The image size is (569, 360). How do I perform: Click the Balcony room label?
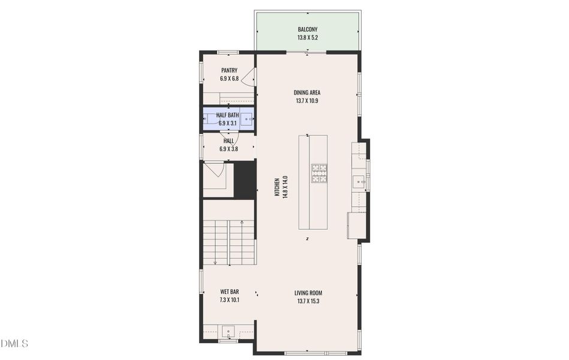tap(308, 29)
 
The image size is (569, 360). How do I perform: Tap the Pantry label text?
tap(230, 70)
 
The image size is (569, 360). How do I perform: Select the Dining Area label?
tap(307, 92)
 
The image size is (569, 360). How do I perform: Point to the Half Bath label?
tap(227, 115)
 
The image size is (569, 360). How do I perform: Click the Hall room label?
tap(228, 140)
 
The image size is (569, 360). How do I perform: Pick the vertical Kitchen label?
tap(277, 187)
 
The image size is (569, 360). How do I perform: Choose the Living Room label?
tap(308, 293)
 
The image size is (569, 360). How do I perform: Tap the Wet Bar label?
tap(230, 292)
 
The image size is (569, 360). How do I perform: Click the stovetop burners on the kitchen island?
tap(318, 173)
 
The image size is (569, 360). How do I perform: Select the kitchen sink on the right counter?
tap(360, 181)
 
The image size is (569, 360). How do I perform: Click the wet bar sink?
tap(228, 332)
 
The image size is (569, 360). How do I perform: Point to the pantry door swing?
tap(248, 77)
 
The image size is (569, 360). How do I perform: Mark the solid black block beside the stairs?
tap(245, 180)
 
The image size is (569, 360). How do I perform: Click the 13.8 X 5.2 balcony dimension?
tap(308, 37)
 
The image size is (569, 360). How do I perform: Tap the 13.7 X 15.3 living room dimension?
tap(308, 301)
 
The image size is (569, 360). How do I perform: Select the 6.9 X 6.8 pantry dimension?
tap(230, 79)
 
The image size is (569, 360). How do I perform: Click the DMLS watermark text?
tap(14, 343)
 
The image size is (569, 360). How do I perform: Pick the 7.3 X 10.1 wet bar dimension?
tap(230, 300)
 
